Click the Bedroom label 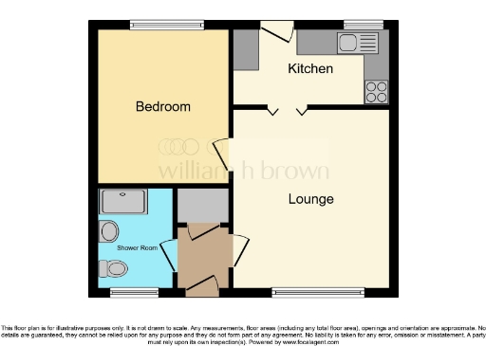coord(162,107)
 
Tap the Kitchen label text coord(310,69)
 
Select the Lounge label coord(311,199)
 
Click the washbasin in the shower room coord(109,230)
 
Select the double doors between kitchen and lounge coord(287,111)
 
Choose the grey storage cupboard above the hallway coord(203,207)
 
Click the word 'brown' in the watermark coord(296,172)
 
